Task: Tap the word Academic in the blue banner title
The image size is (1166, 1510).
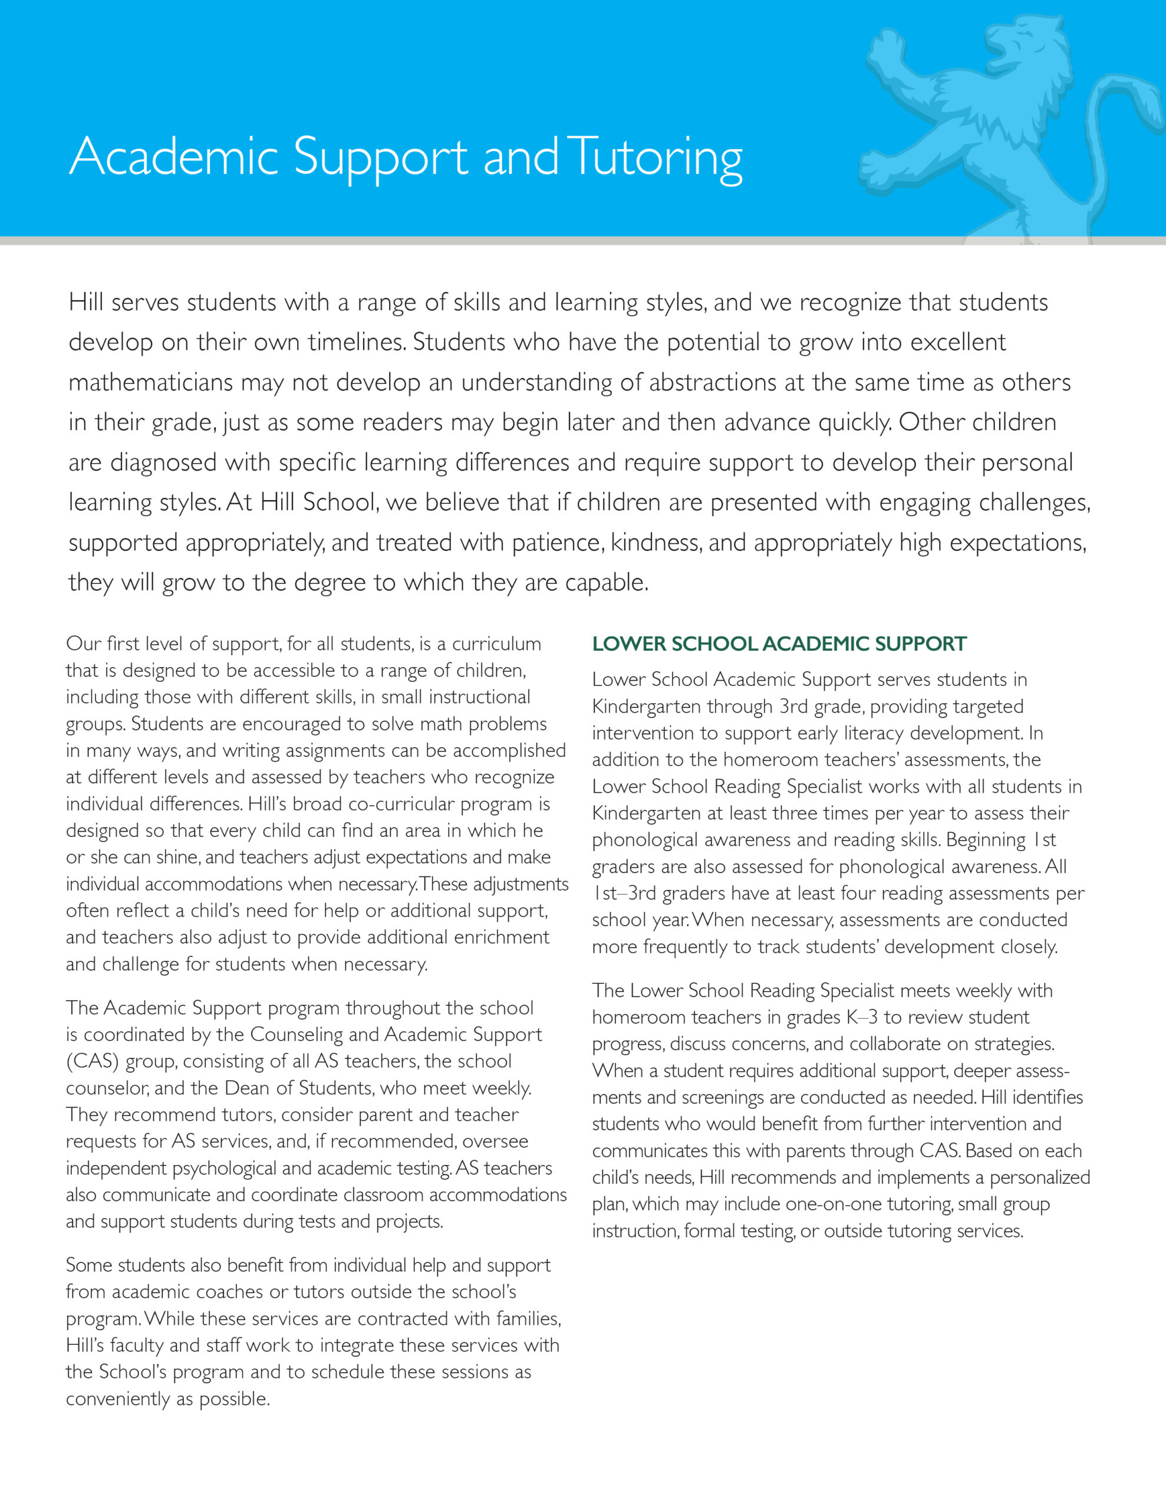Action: coord(173,157)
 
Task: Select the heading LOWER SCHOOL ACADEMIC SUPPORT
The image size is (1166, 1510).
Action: coord(779,644)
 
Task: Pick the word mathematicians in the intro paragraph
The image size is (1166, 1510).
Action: coord(151,382)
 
